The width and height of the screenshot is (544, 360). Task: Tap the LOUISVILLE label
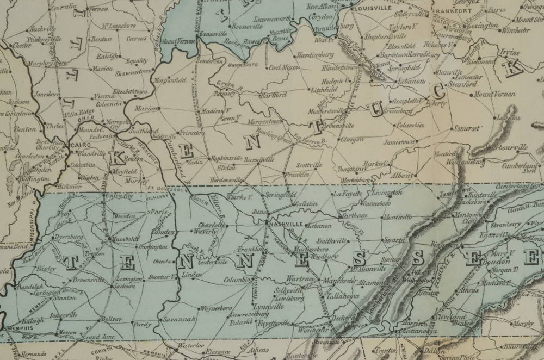coord(373,9)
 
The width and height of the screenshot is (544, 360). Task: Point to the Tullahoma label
coord(343,296)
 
